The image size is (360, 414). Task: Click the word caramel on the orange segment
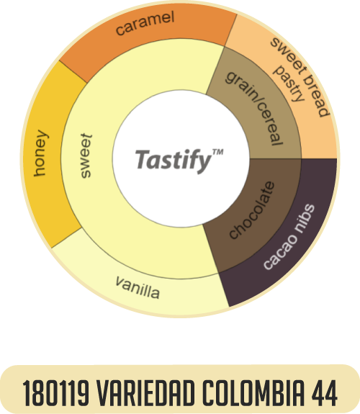(x=145, y=23)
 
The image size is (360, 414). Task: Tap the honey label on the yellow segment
(x=40, y=153)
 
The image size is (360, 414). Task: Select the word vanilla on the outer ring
(x=138, y=288)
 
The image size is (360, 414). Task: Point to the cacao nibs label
(x=289, y=237)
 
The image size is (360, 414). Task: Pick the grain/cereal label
(x=254, y=108)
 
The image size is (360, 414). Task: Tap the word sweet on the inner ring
(x=86, y=156)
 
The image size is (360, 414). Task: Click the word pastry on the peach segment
(x=289, y=84)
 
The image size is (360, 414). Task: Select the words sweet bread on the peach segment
(x=300, y=77)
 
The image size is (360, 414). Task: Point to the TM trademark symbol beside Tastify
(x=218, y=152)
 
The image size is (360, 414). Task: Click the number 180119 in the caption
(x=55, y=393)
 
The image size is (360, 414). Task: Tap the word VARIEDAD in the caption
(x=145, y=393)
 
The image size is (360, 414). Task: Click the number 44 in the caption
(x=324, y=393)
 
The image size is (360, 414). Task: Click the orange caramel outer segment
(x=148, y=35)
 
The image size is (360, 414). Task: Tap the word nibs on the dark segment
(x=305, y=218)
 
